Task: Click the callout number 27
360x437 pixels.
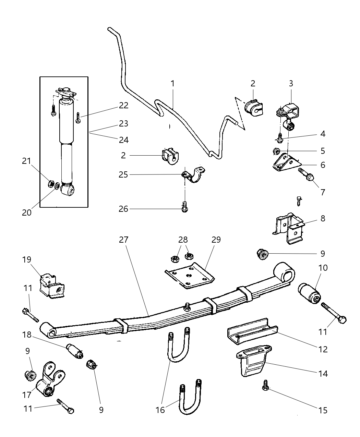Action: tap(123, 240)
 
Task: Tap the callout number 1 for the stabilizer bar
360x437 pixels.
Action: tap(173, 83)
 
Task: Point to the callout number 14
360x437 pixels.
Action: tap(323, 373)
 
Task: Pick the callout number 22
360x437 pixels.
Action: tap(124, 106)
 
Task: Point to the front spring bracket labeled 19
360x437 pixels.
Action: tap(51, 285)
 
